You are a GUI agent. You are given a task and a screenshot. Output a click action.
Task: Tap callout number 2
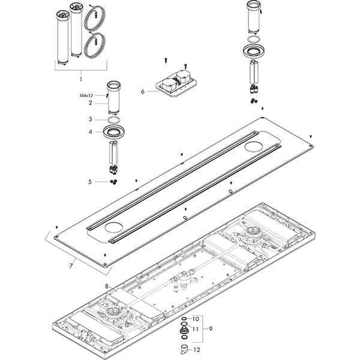click(89, 103)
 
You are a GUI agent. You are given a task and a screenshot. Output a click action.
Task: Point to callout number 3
click(89, 119)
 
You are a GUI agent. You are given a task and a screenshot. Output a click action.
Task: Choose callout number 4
click(89, 132)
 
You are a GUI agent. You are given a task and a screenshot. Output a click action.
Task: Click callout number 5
click(89, 182)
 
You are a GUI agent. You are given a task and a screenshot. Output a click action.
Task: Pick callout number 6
click(142, 92)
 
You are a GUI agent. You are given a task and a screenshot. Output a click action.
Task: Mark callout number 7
click(71, 265)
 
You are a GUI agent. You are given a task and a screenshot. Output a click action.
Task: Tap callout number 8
click(107, 287)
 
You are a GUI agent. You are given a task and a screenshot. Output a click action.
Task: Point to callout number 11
click(195, 329)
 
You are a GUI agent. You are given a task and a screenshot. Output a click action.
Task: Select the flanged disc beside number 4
click(114, 132)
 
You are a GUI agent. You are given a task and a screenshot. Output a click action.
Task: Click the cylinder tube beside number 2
click(113, 98)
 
